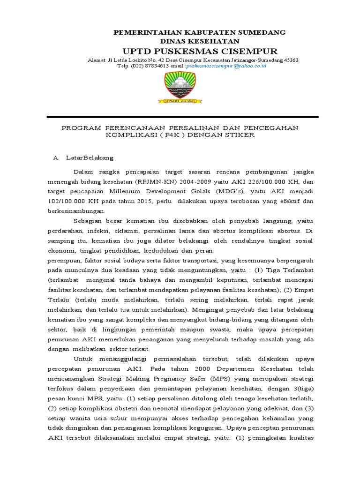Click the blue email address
tap(226, 67)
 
